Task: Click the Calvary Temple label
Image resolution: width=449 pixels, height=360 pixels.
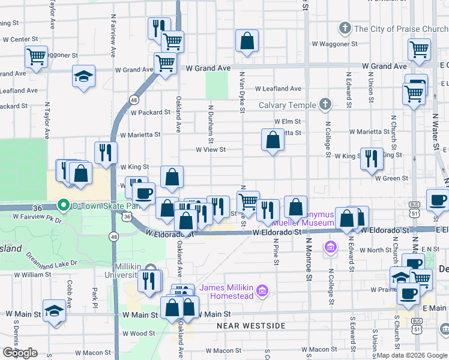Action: click(287, 105)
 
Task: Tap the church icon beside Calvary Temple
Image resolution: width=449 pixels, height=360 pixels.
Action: click(325, 104)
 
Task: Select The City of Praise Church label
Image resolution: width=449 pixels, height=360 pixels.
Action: click(401, 29)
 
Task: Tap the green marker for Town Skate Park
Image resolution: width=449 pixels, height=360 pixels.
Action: click(62, 206)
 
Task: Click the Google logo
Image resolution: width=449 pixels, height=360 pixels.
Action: click(20, 353)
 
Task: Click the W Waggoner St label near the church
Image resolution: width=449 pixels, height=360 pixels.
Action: click(334, 44)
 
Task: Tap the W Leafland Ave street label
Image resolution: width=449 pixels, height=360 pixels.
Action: click(277, 89)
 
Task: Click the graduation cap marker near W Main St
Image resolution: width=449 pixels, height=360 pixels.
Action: click(55, 311)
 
